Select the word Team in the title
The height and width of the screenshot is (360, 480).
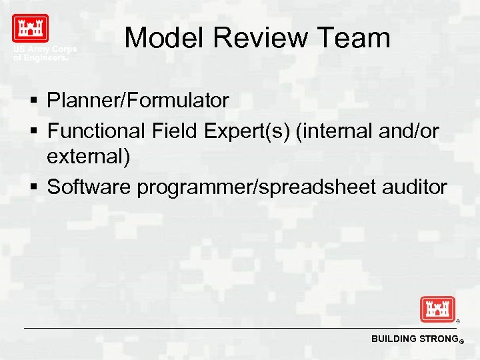357,38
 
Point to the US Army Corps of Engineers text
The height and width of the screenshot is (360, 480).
45,54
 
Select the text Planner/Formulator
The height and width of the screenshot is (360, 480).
138,101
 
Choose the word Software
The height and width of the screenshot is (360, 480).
89,187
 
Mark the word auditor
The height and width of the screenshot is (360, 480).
415,187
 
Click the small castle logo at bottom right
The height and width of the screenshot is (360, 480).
437,309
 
